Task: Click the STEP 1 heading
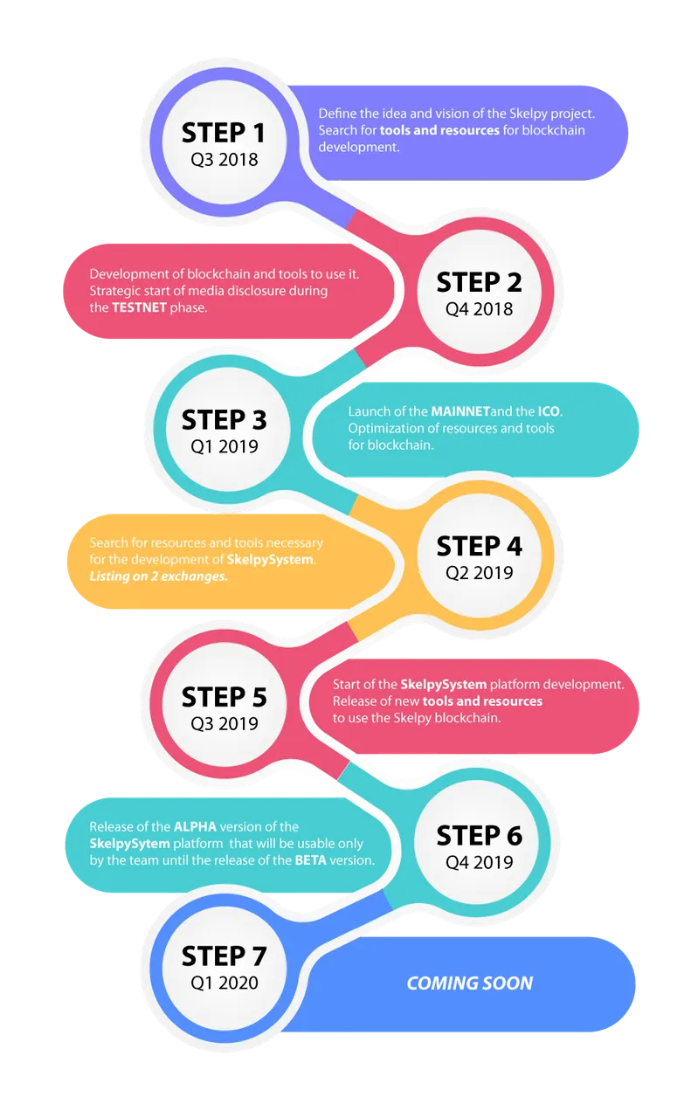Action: point(223,134)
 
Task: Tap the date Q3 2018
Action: point(225,160)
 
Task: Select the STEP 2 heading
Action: point(479,282)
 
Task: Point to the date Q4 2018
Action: point(479,309)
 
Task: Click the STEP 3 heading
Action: point(224,420)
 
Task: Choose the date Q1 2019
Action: point(225,446)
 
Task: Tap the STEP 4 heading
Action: point(479,546)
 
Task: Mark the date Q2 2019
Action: point(479,572)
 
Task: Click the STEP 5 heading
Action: point(224,697)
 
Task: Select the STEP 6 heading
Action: point(479,836)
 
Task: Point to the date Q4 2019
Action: point(479,862)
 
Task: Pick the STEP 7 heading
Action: point(224,956)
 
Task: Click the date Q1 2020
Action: point(225,983)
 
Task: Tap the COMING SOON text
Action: point(470,983)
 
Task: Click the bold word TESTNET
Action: point(139,307)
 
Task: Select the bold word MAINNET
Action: point(460,411)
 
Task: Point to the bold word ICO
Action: point(549,411)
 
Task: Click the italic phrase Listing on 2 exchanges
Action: point(158,576)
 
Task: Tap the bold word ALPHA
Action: point(195,827)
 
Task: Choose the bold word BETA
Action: point(310,860)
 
